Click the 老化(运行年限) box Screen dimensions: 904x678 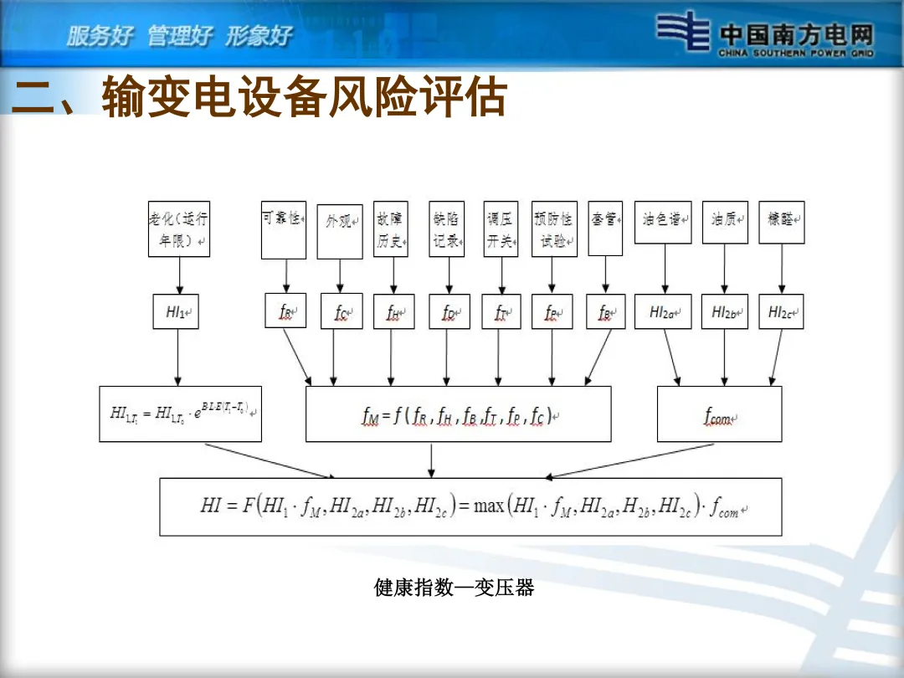(179, 229)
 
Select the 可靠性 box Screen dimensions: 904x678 (284, 229)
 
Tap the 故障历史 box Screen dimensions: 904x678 (390, 229)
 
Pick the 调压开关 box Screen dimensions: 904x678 (501, 229)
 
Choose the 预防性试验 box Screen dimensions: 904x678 (553, 229)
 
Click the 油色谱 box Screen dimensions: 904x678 (663, 223)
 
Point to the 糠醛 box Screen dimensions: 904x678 (781, 223)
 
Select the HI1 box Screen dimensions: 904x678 (177, 311)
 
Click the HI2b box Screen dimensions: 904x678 (724, 311)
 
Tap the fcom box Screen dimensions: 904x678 (719, 413)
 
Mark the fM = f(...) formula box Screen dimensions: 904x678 (458, 413)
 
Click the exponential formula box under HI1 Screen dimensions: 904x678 (180, 413)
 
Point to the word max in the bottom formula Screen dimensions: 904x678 (489, 506)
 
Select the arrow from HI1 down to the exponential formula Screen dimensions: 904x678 (177, 357)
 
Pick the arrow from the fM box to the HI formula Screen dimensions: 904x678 (431, 460)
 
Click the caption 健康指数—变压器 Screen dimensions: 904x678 (454, 588)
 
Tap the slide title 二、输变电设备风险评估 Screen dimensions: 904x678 (259, 98)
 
